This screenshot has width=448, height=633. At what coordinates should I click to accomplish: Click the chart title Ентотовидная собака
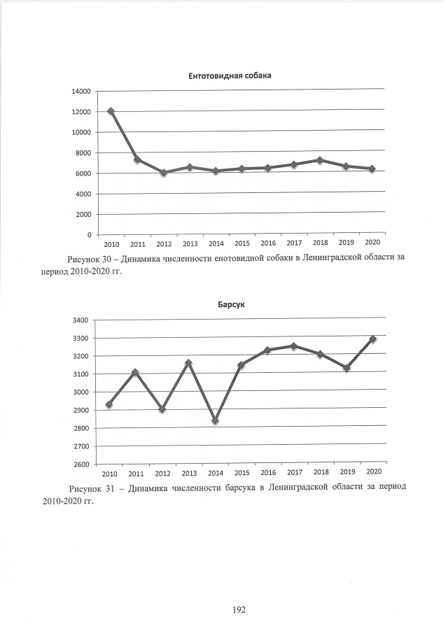230,76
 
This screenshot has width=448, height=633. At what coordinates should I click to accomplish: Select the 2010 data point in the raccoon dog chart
111,111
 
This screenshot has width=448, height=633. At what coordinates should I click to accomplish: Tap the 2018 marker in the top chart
319,160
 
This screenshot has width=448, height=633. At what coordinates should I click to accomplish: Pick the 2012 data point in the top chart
163,172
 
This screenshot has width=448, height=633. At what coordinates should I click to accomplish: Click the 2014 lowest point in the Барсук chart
215,421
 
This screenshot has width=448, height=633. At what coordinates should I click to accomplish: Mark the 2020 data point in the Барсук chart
372,339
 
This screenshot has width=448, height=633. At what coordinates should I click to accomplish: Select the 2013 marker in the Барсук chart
188,363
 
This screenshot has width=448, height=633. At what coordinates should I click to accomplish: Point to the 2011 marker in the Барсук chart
135,372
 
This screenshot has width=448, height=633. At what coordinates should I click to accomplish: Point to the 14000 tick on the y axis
80,92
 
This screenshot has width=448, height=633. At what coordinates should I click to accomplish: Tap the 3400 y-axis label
80,320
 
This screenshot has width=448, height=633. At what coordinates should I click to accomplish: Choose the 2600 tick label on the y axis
80,464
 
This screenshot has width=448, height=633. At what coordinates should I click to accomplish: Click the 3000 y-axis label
80,392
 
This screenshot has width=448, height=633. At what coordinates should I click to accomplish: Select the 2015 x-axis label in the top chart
241,243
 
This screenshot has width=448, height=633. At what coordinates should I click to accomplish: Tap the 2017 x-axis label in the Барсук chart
294,473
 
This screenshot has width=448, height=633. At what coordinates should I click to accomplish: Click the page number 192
238,610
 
